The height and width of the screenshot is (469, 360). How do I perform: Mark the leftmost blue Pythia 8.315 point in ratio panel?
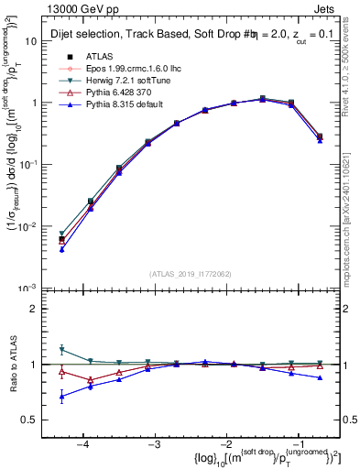pos(61,397)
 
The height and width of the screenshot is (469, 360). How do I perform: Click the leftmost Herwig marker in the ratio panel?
pos(61,349)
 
